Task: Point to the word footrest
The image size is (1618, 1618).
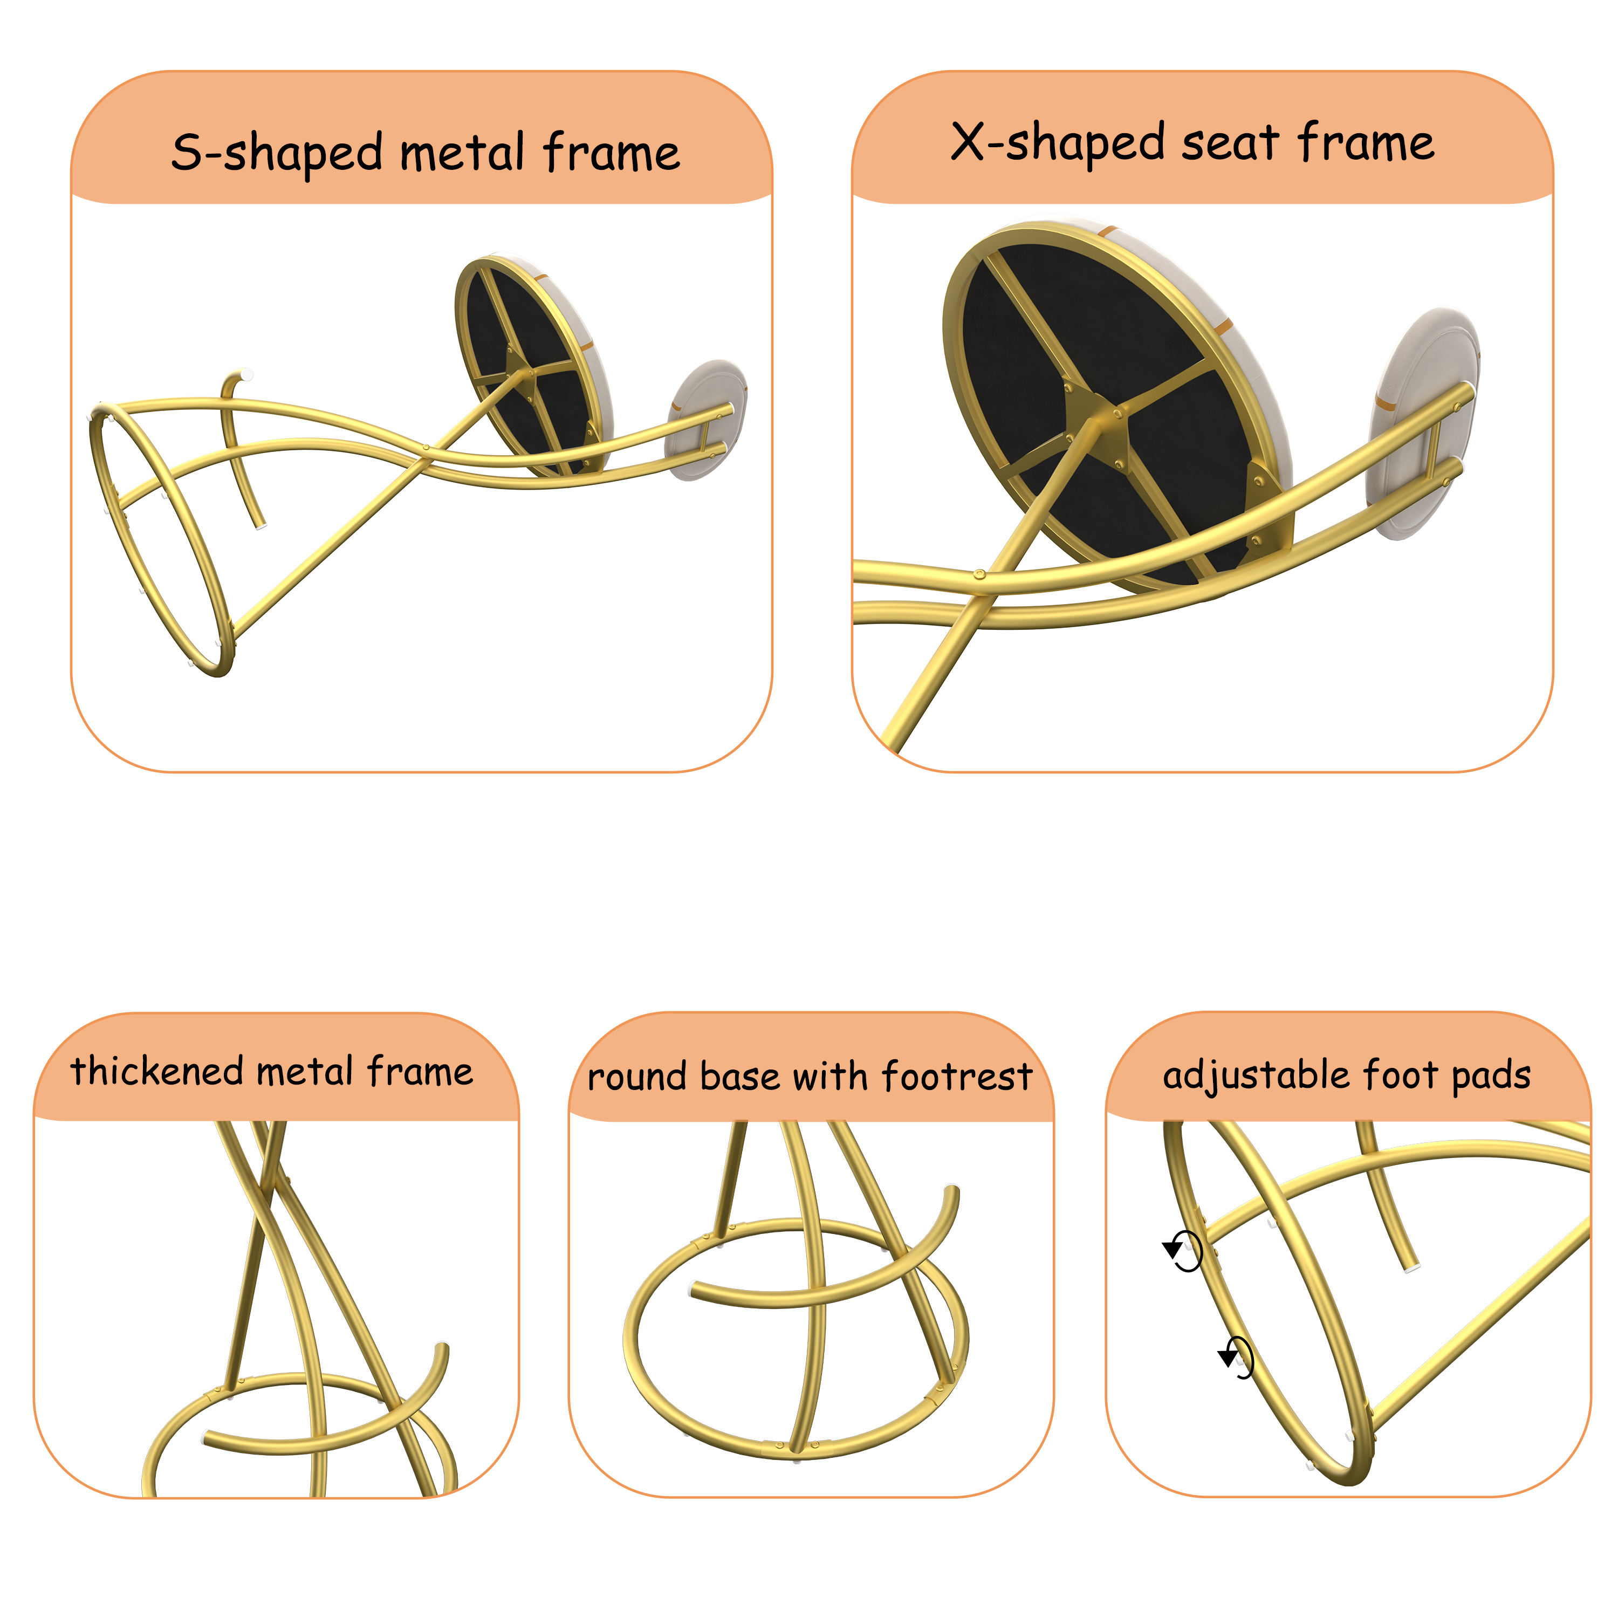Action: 957,1076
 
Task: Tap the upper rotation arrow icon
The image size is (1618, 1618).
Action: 1183,1251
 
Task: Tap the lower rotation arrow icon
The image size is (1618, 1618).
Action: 1237,1358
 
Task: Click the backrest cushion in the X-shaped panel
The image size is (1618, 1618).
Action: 1424,423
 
